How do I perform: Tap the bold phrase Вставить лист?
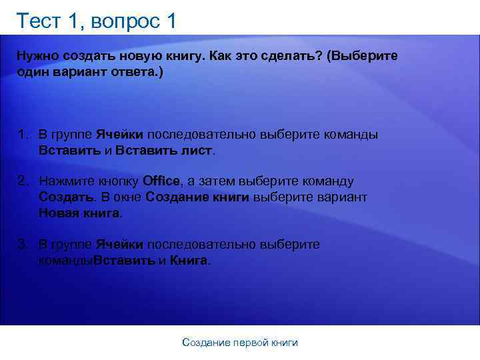[x=164, y=151]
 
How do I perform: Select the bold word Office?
[x=161, y=181]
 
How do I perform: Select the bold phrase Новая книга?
[x=80, y=213]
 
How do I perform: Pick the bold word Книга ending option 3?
[x=189, y=261]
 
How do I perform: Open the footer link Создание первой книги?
[x=240, y=343]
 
